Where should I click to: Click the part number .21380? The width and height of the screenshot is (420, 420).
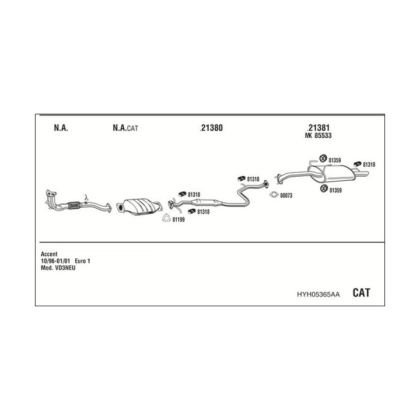pyautogui.click(x=211, y=128)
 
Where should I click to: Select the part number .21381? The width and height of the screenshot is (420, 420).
pyautogui.click(x=318, y=128)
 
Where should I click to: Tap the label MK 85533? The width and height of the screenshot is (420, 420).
pyautogui.click(x=318, y=135)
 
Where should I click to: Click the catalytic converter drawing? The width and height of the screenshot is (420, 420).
pyautogui.click(x=139, y=206)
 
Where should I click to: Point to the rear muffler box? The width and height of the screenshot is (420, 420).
pyautogui.click(x=338, y=174)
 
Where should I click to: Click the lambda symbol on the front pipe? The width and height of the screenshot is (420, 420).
pyautogui.click(x=86, y=198)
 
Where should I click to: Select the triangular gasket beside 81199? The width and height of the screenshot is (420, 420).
pyautogui.click(x=166, y=218)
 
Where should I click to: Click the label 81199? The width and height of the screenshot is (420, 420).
pyautogui.click(x=178, y=220)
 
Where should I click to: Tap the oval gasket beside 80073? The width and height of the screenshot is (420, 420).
pyautogui.click(x=274, y=195)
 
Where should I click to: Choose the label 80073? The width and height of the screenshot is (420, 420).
pyautogui.click(x=286, y=195)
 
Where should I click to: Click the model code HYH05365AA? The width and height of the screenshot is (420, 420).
pyautogui.click(x=318, y=295)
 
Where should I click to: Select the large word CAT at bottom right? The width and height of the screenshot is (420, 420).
pyautogui.click(x=361, y=292)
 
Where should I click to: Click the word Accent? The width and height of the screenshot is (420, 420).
pyautogui.click(x=49, y=254)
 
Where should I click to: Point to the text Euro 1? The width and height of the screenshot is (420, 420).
pyautogui.click(x=82, y=261)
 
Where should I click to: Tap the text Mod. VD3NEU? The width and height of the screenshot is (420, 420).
pyautogui.click(x=58, y=268)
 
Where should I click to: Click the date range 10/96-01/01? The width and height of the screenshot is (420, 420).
pyautogui.click(x=55, y=261)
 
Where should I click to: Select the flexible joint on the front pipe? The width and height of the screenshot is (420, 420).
pyautogui.click(x=75, y=205)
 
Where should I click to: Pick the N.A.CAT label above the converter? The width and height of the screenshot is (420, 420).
pyautogui.click(x=125, y=128)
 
